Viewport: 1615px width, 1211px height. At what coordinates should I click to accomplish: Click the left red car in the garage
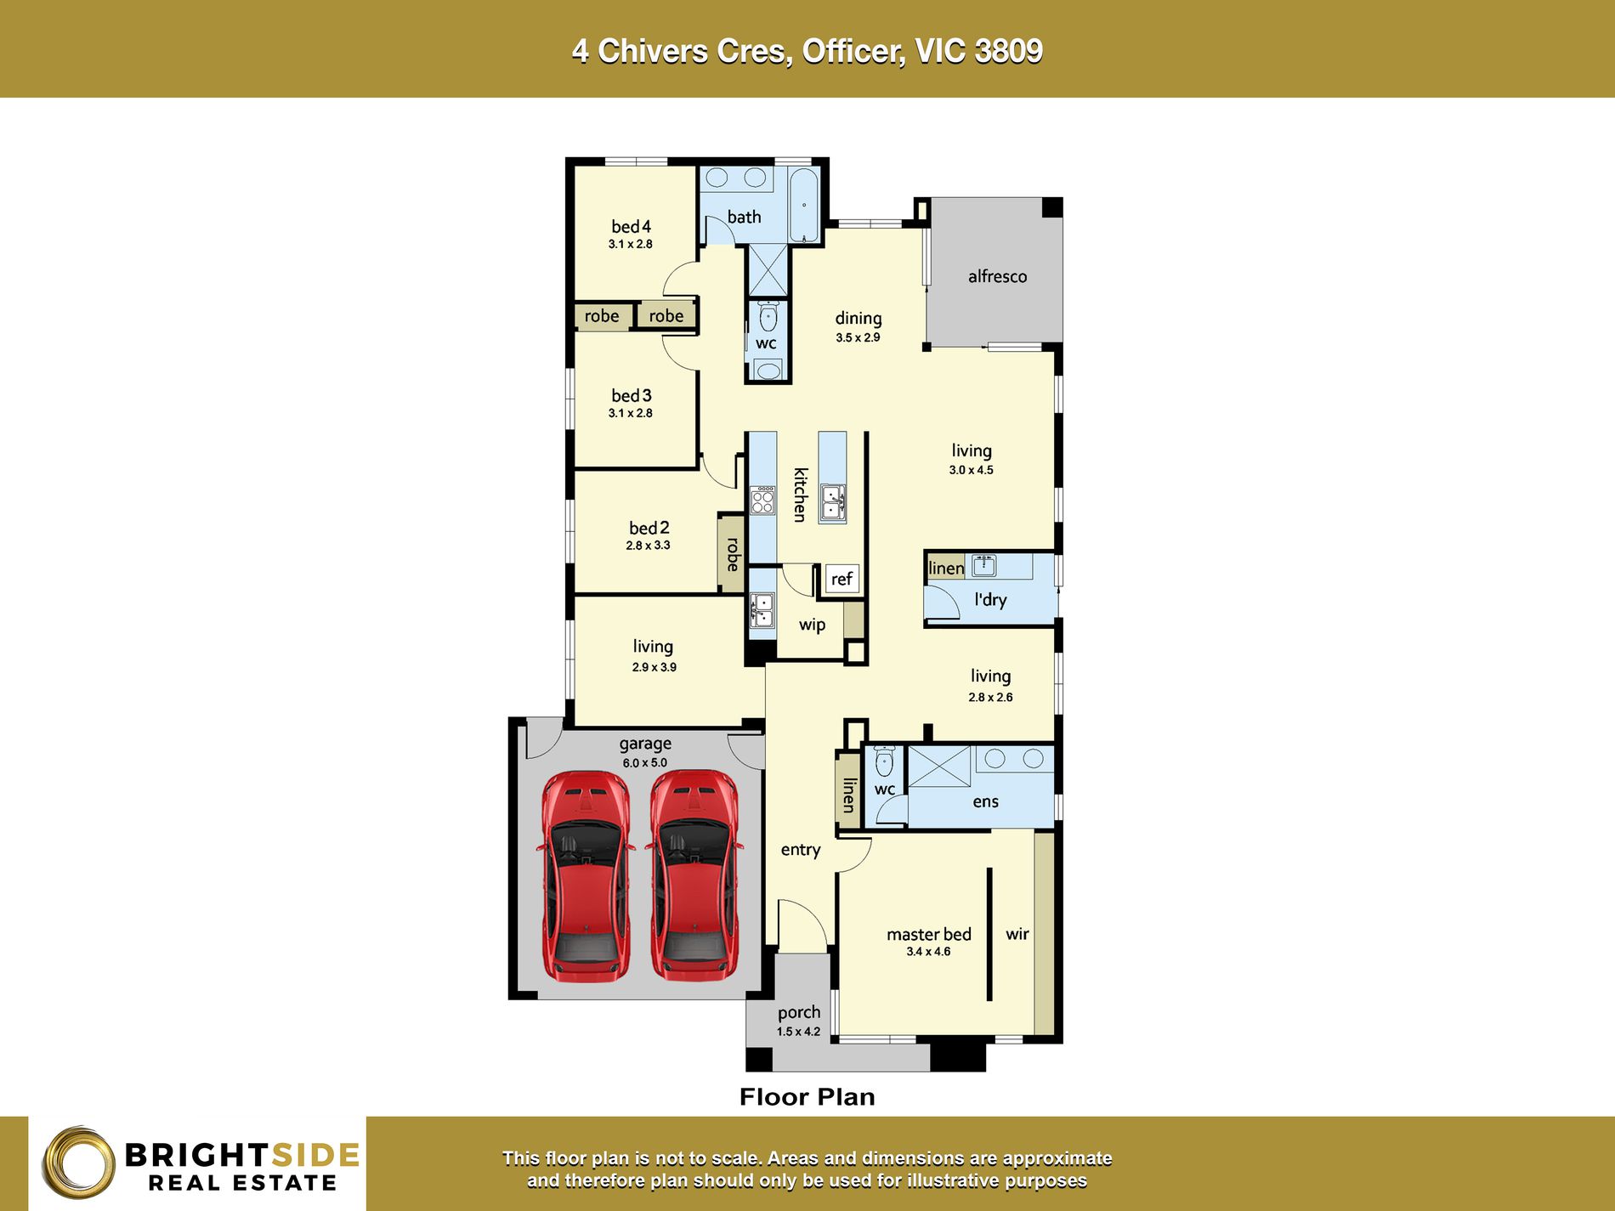point(586,875)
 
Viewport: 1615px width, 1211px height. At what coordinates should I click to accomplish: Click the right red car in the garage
point(694,875)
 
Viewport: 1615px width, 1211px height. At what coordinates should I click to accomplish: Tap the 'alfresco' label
point(997,276)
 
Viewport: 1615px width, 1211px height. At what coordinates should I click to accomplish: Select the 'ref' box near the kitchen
point(841,579)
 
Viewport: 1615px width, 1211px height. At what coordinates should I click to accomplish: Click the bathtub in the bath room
point(803,205)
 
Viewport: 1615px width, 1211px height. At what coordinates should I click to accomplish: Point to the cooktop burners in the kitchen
point(762,500)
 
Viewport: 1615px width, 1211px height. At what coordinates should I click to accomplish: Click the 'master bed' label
point(928,934)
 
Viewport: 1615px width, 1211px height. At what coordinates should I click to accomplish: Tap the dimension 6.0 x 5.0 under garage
point(644,763)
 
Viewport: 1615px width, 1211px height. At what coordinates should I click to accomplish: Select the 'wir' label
point(1017,934)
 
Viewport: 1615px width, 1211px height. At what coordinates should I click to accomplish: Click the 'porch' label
point(798,1012)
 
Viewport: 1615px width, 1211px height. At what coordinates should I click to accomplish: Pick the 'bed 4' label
point(631,226)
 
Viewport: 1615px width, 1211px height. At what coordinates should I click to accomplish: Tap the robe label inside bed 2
point(732,554)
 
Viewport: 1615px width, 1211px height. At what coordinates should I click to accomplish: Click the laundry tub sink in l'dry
point(984,564)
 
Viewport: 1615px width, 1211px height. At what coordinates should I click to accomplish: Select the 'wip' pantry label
point(812,625)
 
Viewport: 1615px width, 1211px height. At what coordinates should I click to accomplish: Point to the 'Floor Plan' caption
point(807,1096)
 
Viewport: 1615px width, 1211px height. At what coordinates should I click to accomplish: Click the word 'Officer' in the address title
point(853,51)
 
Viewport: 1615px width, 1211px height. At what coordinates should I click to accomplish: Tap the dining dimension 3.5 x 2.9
point(858,337)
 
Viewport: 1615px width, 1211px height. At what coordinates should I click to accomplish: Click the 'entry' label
point(800,849)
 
